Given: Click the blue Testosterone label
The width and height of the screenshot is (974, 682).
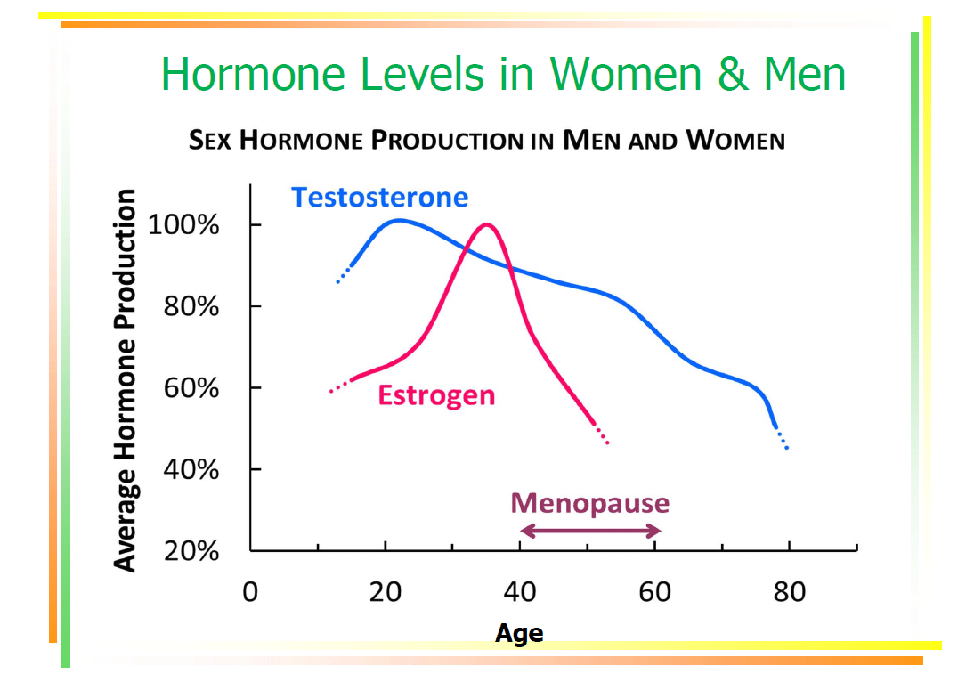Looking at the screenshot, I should (x=379, y=197).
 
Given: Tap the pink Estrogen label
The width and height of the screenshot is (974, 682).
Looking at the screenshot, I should (x=436, y=394).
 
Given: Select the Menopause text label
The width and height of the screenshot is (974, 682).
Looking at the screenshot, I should (x=589, y=503).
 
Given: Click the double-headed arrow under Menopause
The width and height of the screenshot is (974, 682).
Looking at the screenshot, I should (x=589, y=532).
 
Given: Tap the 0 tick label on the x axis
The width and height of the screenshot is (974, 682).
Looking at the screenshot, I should (x=251, y=591).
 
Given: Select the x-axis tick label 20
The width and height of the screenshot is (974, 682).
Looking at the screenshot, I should (x=386, y=591).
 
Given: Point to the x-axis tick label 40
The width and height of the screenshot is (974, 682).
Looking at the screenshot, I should (x=520, y=591).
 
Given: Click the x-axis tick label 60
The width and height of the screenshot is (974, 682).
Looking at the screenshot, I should (x=654, y=591).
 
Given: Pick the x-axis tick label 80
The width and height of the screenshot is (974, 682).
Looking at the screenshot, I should (x=789, y=591).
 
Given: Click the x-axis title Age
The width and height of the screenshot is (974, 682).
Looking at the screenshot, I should (x=519, y=633).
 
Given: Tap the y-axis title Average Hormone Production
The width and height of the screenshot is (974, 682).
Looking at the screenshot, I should (x=126, y=380).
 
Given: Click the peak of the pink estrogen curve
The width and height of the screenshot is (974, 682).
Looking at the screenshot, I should (x=486, y=224).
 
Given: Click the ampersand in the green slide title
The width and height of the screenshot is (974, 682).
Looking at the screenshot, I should (x=732, y=74).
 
